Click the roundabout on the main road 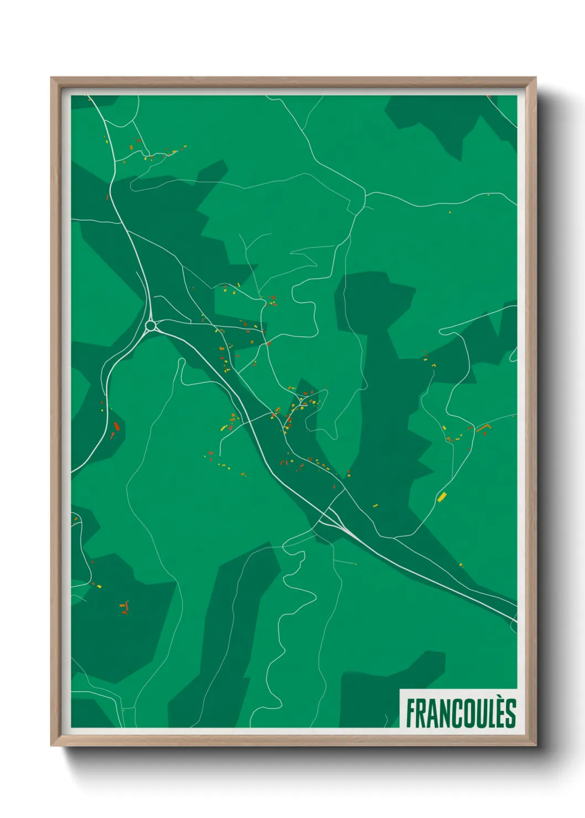click(150, 326)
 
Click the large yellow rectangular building click(442, 496)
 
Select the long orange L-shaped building click(483, 427)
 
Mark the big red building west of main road click(116, 426)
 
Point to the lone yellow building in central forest click(375, 505)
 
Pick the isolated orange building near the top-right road click(450, 212)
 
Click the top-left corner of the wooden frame click(51, 78)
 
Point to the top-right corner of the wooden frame click(535, 78)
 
